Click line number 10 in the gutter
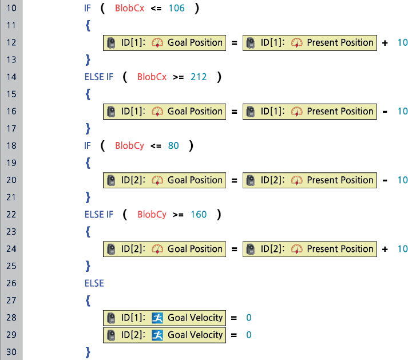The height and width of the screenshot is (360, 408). [11, 8]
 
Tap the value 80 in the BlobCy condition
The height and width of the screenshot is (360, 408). [173, 145]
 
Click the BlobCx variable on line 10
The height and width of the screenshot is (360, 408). [129, 8]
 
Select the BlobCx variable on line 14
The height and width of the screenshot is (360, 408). [152, 77]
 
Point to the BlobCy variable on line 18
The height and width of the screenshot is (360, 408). [129, 145]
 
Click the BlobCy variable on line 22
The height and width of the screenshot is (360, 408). [152, 214]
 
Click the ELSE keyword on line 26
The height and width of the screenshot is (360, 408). [94, 283]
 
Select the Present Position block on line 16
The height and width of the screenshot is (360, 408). [309, 111]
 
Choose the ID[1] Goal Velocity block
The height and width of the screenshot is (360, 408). [165, 317]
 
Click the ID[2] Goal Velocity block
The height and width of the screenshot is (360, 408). [165, 334]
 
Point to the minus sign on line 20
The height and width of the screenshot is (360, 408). [385, 180]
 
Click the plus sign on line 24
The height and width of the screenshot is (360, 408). [385, 248]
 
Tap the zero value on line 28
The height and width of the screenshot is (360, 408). [249, 317]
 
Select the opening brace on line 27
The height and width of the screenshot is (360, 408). [88, 300]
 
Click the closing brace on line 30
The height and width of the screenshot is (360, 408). [88, 351]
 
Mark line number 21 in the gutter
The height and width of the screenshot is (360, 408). [11, 197]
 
